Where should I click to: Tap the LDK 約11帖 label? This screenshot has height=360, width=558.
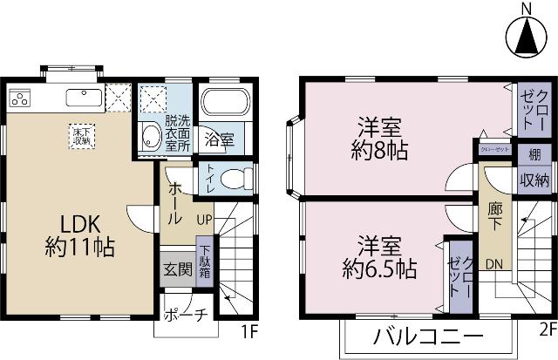pos(79,233)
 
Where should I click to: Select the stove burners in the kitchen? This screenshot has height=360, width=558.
pos(21,98)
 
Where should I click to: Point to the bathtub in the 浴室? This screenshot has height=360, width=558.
pos(225,103)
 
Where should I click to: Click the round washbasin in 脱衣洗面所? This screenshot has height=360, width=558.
pos(150,136)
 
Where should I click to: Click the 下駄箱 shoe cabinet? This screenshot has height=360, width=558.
pos(203,259)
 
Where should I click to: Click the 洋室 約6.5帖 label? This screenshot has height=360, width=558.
pos(375,256)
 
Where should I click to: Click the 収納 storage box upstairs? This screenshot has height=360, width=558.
pos(534,180)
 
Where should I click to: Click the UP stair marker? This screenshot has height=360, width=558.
pos(206,218)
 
